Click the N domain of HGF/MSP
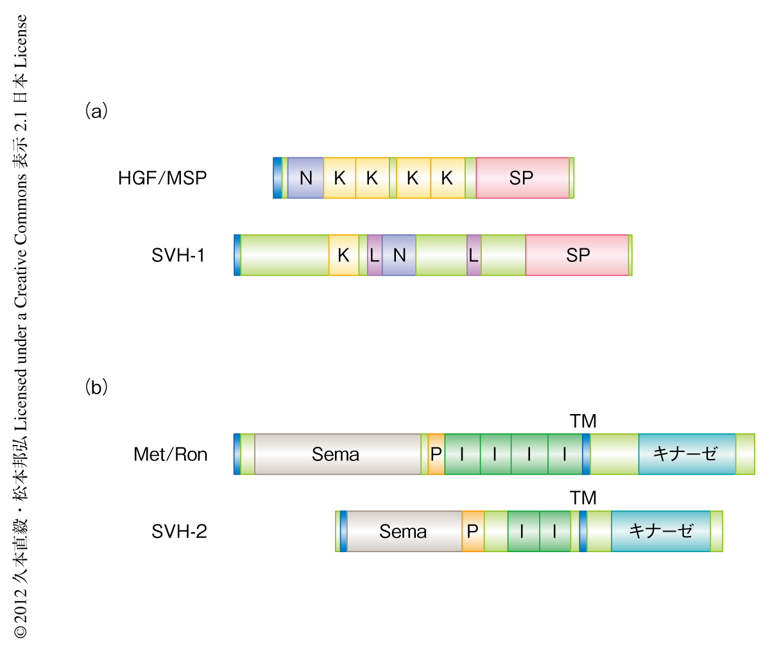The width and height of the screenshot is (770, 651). point(305,178)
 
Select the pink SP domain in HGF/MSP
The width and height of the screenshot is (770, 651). point(522,178)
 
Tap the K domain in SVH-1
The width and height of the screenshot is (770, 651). point(344,256)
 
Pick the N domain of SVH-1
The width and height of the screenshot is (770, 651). point(399,256)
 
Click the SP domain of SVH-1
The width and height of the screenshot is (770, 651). point(577,256)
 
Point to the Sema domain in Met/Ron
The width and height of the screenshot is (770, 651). point(336,455)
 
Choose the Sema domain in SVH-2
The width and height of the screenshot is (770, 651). point(403,532)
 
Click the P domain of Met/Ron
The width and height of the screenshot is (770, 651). point(436,455)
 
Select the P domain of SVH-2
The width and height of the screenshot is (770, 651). point(473,532)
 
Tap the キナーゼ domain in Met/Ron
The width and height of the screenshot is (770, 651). point(686,455)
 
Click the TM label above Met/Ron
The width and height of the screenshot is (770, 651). point(583,421)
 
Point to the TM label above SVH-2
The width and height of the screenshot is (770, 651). point(583,498)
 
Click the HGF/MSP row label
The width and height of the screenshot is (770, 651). point(163,178)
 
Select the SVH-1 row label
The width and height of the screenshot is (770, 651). point(178,256)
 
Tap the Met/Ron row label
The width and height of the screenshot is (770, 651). point(171,455)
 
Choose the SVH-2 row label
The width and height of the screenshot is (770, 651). point(179,532)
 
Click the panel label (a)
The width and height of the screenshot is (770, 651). point(96,111)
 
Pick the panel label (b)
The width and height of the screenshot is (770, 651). point(96,387)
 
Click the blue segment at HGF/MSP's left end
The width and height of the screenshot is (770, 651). point(277,178)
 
